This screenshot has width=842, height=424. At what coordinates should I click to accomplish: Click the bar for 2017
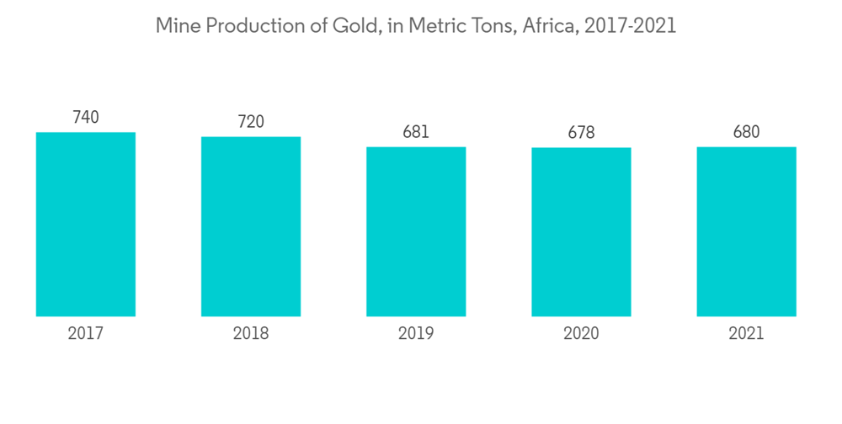point(86,224)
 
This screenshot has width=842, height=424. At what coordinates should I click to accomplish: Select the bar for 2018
point(251,226)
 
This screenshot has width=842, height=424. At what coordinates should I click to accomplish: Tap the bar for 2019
point(416,231)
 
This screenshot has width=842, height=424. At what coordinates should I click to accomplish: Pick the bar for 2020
point(581,232)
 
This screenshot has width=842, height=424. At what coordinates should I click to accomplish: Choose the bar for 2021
point(746,231)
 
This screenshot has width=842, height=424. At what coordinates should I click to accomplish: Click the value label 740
point(86,118)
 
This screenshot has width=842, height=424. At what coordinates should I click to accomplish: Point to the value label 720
point(251,122)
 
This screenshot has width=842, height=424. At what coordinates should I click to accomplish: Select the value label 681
point(416,132)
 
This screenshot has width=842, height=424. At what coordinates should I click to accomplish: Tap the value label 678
point(581,133)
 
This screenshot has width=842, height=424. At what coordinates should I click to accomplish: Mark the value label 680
point(746,132)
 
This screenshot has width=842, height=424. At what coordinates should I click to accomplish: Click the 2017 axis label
point(86,334)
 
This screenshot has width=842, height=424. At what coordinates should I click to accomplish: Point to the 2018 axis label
point(251,334)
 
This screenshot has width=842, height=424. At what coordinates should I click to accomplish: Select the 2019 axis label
point(416,334)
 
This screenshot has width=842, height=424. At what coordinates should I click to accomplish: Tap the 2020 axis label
point(581,334)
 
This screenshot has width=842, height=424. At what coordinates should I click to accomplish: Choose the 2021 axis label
point(746,334)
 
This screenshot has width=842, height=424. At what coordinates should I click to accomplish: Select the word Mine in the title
point(174,26)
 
